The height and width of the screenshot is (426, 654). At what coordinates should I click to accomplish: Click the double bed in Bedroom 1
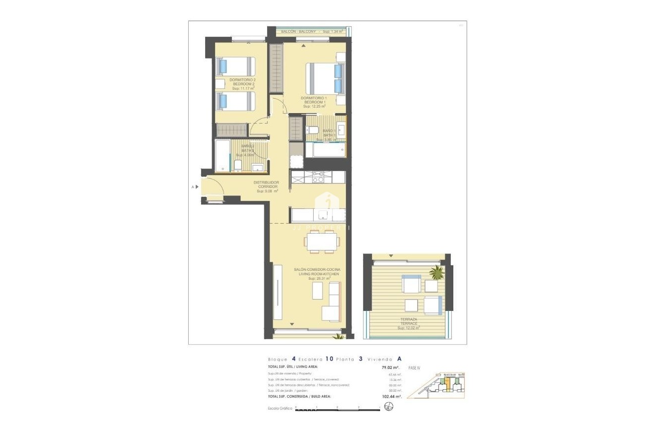324,78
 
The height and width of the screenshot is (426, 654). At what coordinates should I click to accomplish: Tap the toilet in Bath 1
313,130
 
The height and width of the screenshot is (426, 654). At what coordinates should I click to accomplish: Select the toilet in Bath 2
237,166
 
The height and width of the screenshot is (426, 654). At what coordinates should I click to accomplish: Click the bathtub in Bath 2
222,156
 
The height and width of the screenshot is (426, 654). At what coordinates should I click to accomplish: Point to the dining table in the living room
322,242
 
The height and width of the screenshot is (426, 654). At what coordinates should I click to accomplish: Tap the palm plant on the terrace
437,272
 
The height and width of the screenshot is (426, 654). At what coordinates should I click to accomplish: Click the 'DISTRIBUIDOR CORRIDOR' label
266,184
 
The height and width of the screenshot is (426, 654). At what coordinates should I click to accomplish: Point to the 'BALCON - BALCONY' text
298,32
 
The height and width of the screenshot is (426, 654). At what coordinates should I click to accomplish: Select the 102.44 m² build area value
389,397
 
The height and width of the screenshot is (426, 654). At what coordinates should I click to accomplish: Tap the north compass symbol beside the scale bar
388,408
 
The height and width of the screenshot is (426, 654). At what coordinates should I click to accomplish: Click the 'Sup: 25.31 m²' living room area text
319,279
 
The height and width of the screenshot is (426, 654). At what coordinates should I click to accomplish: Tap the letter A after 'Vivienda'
399,359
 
